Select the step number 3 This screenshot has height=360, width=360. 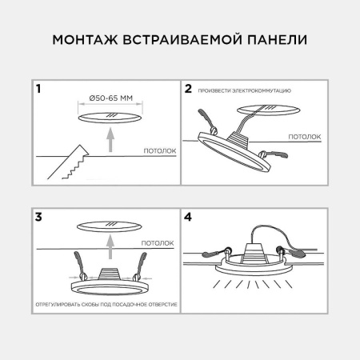[38, 216]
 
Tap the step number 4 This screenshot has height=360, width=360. [189, 216]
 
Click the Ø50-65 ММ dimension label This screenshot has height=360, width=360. [109, 100]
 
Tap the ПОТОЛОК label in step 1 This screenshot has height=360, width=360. [159, 150]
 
